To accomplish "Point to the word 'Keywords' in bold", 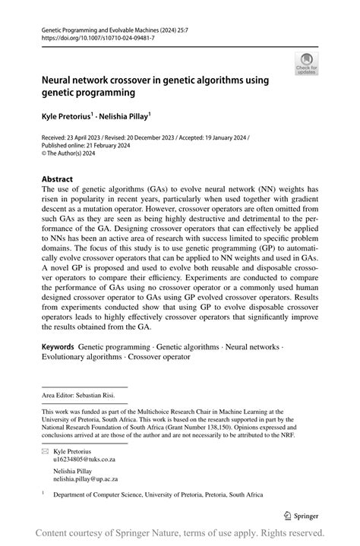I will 58,346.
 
